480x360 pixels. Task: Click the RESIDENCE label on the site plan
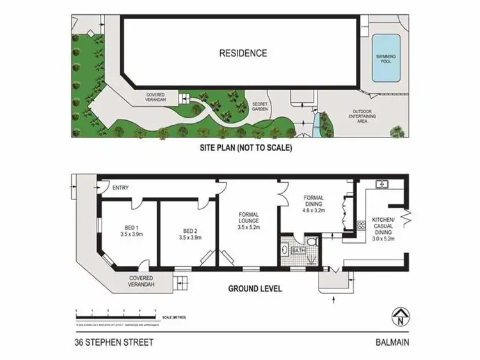pyautogui.click(x=243, y=53)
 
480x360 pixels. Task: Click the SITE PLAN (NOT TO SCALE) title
pyautogui.click(x=246, y=148)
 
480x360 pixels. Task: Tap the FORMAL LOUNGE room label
pyautogui.click(x=248, y=220)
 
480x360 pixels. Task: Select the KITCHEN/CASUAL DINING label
pyautogui.click(x=384, y=228)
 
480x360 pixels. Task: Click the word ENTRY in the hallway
pyautogui.click(x=120, y=188)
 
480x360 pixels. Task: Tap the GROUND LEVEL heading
pyautogui.click(x=255, y=289)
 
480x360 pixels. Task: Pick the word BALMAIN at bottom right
pyautogui.click(x=392, y=342)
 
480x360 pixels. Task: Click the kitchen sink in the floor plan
pyautogui.click(x=383, y=185)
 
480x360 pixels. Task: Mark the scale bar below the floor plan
pyautogui.click(x=116, y=313)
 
